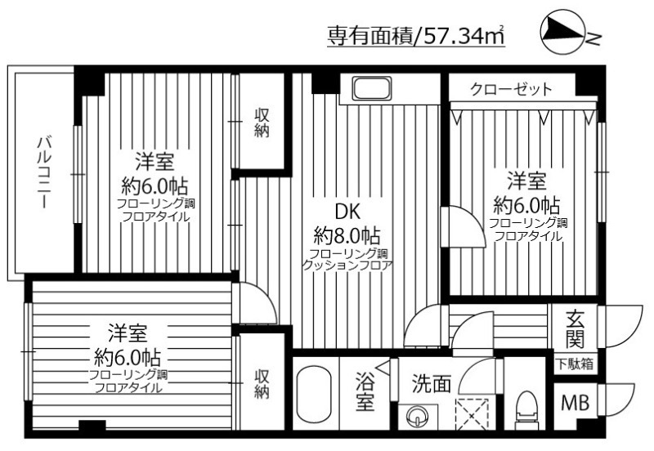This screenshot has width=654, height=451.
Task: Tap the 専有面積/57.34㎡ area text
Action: pyautogui.click(x=415, y=36)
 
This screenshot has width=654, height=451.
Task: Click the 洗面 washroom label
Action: pyautogui.click(x=431, y=383)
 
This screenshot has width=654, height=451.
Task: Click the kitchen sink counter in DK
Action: pyautogui.click(x=372, y=88)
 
